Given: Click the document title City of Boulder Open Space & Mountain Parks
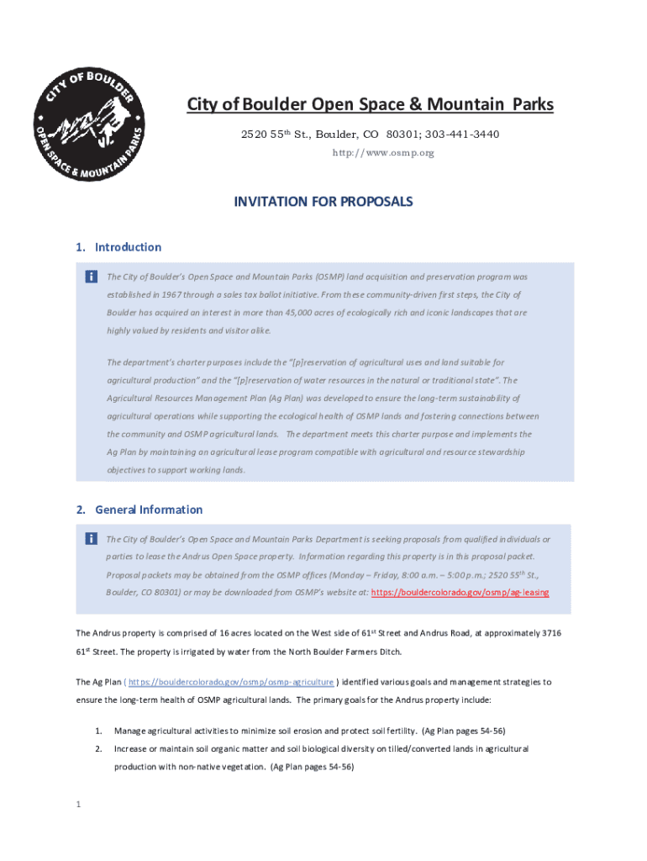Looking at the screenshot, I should (370, 104).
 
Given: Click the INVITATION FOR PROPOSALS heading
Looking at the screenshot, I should (323, 203).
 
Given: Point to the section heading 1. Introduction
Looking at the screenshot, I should (118, 247).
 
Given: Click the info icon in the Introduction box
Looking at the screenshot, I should (91, 277).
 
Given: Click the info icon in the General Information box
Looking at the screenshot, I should (91, 539).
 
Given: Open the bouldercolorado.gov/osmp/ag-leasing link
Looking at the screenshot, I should (460, 592).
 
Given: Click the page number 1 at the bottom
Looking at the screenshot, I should (77, 805).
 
